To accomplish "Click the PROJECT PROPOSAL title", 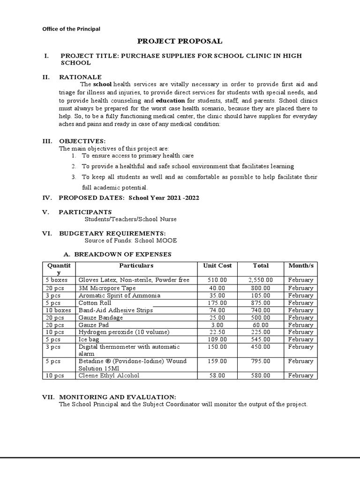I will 180,41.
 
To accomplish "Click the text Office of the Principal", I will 71,29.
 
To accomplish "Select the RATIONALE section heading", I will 80,77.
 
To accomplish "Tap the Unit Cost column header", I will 217,265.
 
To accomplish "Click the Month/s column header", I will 300,265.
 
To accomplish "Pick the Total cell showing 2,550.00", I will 260,280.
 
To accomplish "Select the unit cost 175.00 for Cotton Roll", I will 217,303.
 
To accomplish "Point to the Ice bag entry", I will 89,339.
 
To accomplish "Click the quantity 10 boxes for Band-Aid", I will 58,310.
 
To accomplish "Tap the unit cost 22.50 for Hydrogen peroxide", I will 217,332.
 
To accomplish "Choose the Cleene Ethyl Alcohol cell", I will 109,375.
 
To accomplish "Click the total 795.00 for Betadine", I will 260,361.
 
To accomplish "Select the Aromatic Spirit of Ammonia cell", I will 119,295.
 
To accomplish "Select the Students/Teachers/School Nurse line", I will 130,219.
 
